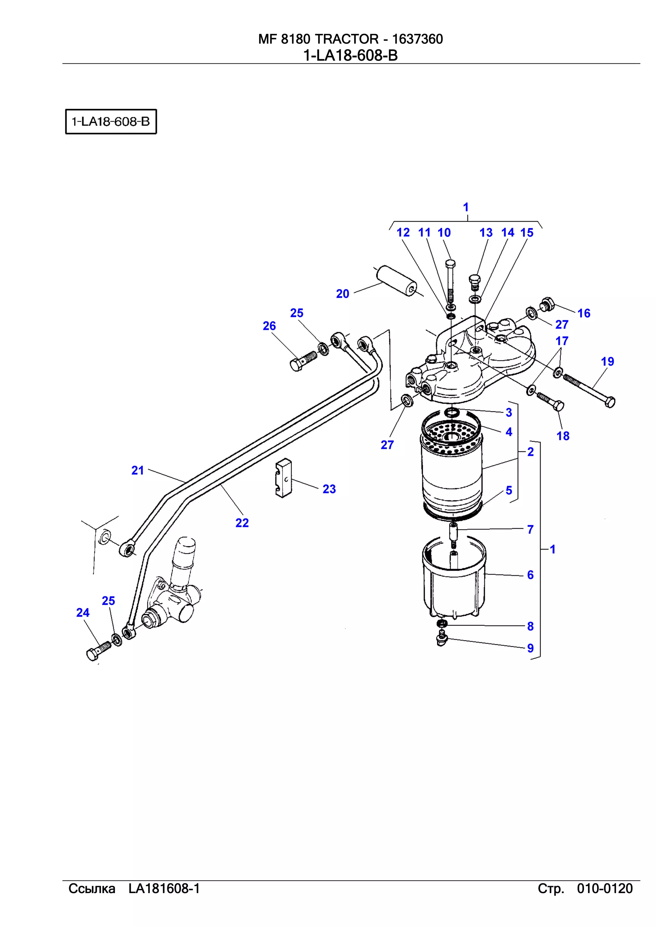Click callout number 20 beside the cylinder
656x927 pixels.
coord(342,294)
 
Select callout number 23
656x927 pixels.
coord(329,489)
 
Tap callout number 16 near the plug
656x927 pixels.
coord(584,313)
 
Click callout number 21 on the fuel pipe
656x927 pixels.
coord(137,470)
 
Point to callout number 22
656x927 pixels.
coord(242,523)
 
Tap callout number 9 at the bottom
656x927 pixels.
coord(530,648)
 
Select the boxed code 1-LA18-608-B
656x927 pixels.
coord(111,122)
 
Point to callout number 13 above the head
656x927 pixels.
coord(486,233)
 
